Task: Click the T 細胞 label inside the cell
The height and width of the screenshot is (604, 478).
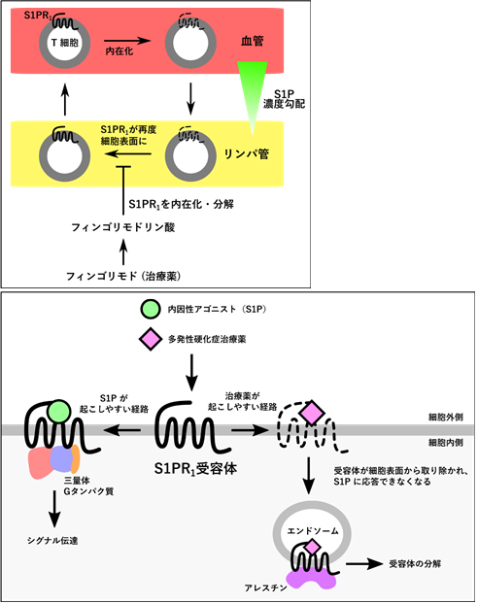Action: [65, 42]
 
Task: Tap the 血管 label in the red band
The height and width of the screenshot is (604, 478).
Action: [252, 41]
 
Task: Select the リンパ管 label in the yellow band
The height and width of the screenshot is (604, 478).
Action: [247, 154]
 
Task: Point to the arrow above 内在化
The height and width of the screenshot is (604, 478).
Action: [127, 40]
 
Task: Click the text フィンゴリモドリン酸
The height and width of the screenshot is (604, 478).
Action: [123, 227]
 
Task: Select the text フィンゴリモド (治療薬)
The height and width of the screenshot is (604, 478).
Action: [123, 276]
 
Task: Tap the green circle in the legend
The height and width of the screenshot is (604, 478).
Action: [151, 309]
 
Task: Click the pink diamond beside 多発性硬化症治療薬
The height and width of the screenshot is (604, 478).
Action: [150, 339]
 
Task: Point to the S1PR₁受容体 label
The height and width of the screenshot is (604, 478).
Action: [195, 469]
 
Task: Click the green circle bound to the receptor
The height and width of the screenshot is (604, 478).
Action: [59, 412]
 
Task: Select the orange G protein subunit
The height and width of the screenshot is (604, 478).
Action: [75, 458]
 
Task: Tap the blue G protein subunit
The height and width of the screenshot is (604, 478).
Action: [61, 458]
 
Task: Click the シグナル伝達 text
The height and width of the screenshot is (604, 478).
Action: [52, 541]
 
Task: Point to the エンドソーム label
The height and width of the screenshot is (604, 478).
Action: [313, 531]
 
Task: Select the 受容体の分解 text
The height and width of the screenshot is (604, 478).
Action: [415, 564]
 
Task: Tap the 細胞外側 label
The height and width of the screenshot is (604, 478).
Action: [446, 417]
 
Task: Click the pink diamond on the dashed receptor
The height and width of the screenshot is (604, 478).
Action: [312, 413]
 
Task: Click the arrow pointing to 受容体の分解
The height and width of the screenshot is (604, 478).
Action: [364, 564]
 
